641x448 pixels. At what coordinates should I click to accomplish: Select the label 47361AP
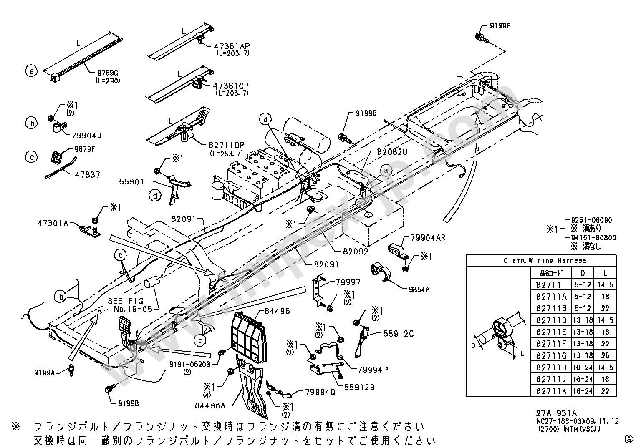tap(232, 46)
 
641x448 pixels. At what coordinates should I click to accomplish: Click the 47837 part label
tap(88, 175)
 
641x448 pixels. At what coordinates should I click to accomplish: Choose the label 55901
tap(131, 182)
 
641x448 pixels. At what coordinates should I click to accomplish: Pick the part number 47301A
tap(52, 223)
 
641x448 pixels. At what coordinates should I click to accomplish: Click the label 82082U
tap(392, 152)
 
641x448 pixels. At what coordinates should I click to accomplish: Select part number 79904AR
tap(428, 238)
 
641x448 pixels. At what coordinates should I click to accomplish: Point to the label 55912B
tap(359, 388)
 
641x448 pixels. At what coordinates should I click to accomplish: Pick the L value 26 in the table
tap(605, 355)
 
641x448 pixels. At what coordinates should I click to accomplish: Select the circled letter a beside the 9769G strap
tap(31, 71)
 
